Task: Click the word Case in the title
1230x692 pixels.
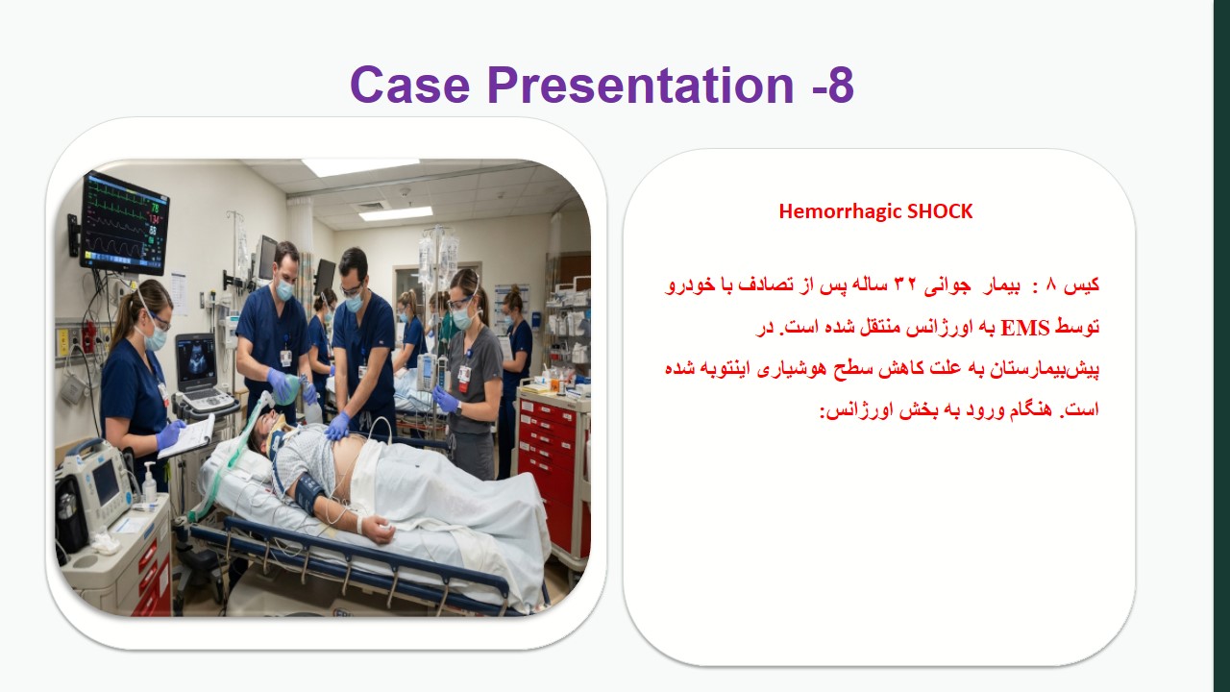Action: pyautogui.click(x=410, y=86)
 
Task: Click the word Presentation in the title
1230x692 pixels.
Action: pyautogui.click(x=641, y=86)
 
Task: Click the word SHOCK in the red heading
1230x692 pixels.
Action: pyautogui.click(x=940, y=210)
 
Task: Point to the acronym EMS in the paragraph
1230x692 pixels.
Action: pyautogui.click(x=1024, y=328)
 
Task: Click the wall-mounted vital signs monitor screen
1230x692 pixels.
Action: pyautogui.click(x=125, y=222)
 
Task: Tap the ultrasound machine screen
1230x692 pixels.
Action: pyautogui.click(x=196, y=359)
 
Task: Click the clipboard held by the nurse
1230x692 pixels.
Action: pyautogui.click(x=186, y=437)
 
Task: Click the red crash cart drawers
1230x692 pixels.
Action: pyautogui.click(x=549, y=472)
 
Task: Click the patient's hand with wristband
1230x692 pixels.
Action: pyautogui.click(x=376, y=528)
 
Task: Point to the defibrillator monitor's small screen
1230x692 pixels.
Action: pyautogui.click(x=107, y=483)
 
